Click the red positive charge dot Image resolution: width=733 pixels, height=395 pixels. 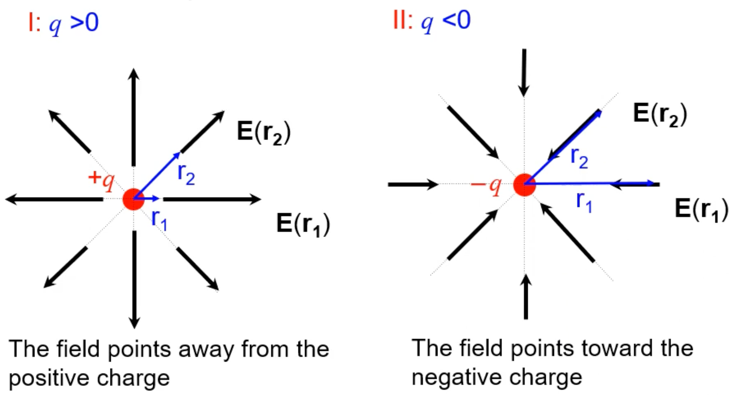point(134,199)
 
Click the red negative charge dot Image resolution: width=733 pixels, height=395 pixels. point(524,185)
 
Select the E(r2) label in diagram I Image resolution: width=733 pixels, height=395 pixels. point(264,133)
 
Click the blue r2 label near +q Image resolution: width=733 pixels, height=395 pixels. point(186,174)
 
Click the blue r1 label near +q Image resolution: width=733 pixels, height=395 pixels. point(159,220)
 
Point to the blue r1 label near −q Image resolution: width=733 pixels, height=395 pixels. point(584,202)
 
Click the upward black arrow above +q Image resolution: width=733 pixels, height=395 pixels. point(134,117)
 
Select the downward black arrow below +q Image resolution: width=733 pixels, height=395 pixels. point(134,279)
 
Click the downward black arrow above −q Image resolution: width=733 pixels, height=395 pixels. point(524,73)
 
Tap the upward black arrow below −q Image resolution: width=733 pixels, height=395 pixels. point(526,296)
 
